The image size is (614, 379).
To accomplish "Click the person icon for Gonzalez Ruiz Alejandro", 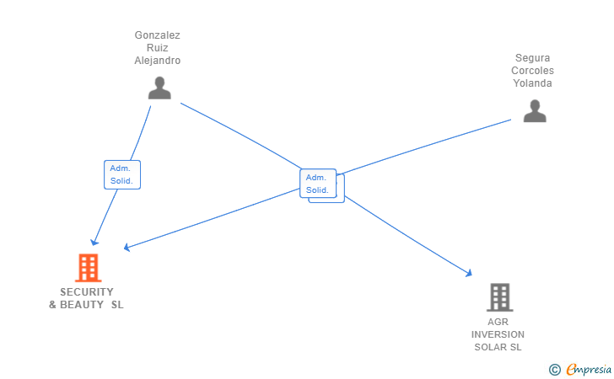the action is (x=159, y=88).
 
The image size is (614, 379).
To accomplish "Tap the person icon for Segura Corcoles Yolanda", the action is (x=535, y=111).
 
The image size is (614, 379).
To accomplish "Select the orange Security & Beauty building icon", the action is (x=89, y=268).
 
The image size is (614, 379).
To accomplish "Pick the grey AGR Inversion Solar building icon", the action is (x=499, y=297).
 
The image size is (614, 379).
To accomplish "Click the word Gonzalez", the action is (x=158, y=35).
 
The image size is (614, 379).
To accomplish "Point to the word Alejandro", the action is (x=158, y=61).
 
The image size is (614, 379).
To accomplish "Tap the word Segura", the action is (x=532, y=58).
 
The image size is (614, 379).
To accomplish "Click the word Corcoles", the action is (x=532, y=71).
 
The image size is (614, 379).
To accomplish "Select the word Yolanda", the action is (x=532, y=83).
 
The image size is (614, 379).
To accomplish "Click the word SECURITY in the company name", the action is (x=87, y=292).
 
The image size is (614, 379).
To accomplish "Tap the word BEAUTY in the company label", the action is (x=82, y=305).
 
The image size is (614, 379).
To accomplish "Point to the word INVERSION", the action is (x=498, y=335).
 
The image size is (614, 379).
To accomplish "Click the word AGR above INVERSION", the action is (x=498, y=322).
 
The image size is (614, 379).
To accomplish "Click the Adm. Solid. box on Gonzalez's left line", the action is (x=122, y=175).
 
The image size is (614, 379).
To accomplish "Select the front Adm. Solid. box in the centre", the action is (x=318, y=184).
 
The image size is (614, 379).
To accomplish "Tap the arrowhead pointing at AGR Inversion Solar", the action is (x=469, y=273).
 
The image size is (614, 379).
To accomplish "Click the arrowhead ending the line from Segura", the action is (x=127, y=247).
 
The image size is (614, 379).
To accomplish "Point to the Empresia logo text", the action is (x=589, y=370).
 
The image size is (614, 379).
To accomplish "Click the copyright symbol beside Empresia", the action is (x=554, y=370).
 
